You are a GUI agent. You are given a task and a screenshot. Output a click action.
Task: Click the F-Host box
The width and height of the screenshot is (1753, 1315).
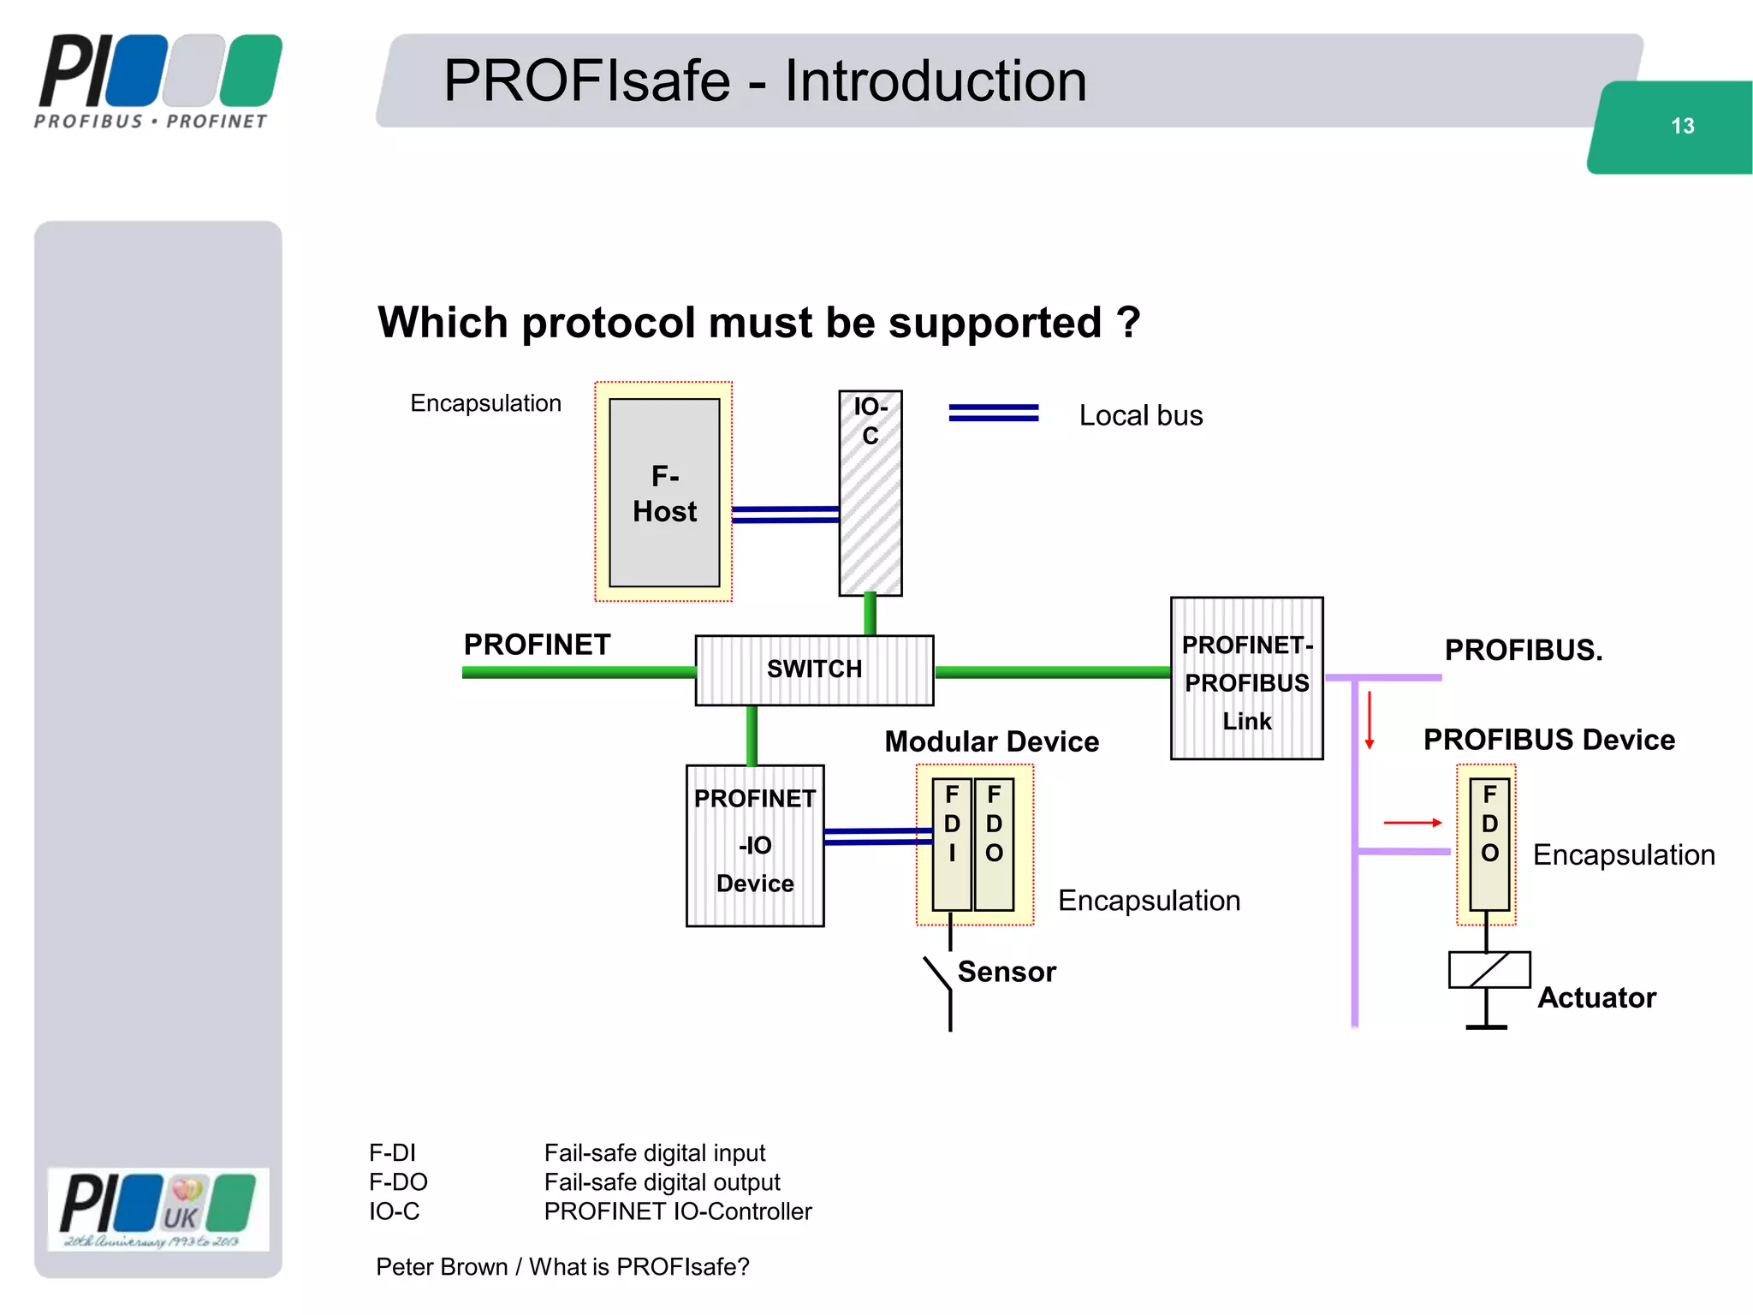click(x=664, y=492)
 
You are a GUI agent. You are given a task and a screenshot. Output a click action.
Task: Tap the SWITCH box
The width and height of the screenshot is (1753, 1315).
click(x=814, y=669)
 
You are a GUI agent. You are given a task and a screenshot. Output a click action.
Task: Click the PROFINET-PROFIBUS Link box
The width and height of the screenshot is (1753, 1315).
click(x=1246, y=679)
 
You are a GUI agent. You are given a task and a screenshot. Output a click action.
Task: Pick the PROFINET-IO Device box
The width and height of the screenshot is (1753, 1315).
click(x=755, y=845)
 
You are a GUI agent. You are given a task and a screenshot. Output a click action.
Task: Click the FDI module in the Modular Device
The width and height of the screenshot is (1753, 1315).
click(x=952, y=843)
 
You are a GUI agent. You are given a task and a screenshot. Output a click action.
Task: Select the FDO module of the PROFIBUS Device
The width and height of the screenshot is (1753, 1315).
click(x=1489, y=843)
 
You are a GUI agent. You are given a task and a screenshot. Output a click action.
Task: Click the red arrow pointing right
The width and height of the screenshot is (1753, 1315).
click(x=1412, y=823)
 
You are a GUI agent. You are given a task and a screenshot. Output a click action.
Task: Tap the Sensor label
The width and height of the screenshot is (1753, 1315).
click(x=1007, y=972)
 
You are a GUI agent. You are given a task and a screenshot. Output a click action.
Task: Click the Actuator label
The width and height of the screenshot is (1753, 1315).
click(x=1596, y=997)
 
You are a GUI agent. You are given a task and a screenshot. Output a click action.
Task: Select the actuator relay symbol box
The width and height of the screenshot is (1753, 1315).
click(x=1489, y=970)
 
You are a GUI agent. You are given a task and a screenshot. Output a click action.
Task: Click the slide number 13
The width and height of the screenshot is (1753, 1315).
click(x=1682, y=127)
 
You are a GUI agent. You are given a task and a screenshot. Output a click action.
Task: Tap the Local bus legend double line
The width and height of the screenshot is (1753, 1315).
click(x=993, y=414)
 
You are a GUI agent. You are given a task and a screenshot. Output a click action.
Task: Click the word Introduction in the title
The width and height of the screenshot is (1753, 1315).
click(x=936, y=81)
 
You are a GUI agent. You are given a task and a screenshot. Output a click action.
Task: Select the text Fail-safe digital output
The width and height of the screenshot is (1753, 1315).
click(x=662, y=1182)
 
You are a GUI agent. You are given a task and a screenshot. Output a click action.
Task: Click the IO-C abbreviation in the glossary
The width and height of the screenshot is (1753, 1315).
click(x=394, y=1211)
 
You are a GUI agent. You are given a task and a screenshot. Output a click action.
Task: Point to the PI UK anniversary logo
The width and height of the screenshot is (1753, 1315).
click(x=158, y=1209)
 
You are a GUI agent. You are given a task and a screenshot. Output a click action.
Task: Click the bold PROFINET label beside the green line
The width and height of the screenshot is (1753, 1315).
click(x=537, y=645)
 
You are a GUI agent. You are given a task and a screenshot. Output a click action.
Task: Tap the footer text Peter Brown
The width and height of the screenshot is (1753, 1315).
click(x=441, y=1267)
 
